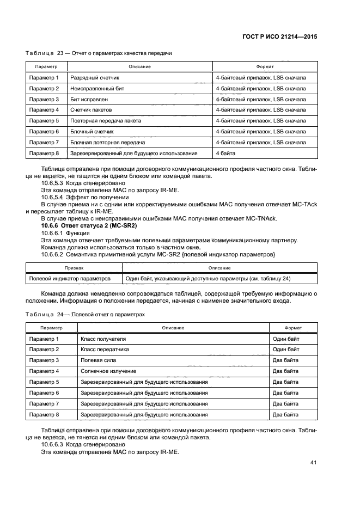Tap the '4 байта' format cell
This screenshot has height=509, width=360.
coord(225,153)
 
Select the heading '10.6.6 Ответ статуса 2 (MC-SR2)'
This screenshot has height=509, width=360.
coord(89,225)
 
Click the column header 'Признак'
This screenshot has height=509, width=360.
coord(74,268)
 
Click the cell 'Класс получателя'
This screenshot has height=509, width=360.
coord(103,339)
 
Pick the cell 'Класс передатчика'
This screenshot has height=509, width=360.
coord(104,349)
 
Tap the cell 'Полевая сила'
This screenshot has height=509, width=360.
coord(98,360)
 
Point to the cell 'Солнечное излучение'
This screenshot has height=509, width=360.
coord(108,371)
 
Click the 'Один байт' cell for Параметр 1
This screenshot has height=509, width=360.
coord(286,339)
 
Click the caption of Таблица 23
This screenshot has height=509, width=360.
coord(99,53)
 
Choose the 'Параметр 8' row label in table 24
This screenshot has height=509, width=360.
coord(44,414)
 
